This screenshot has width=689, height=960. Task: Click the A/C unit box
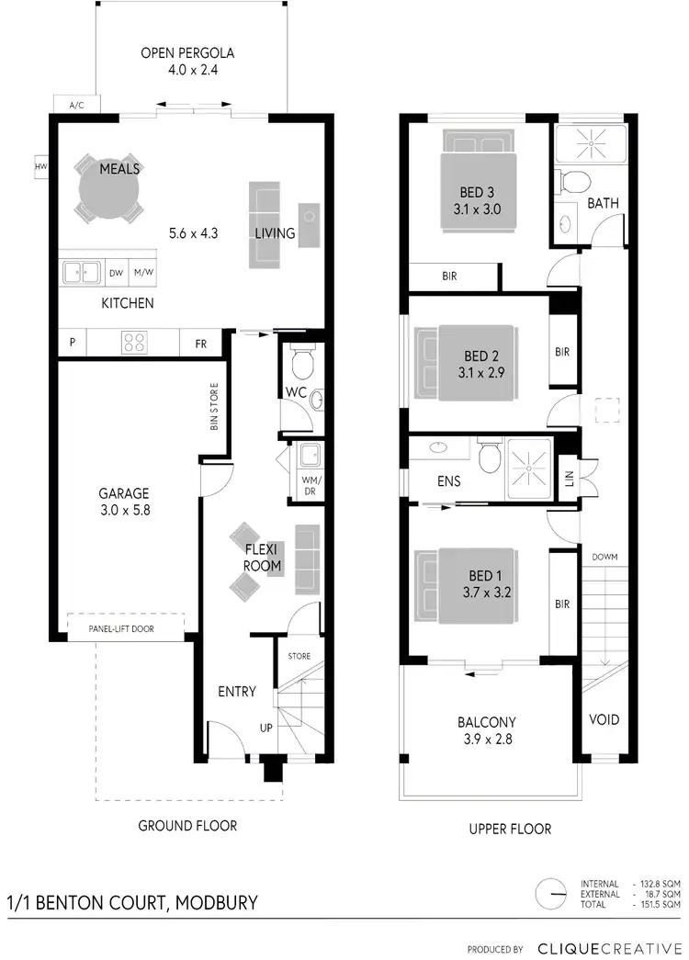click(x=76, y=105)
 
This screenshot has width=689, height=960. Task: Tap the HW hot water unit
click(x=40, y=166)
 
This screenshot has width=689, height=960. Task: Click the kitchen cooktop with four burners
click(x=135, y=343)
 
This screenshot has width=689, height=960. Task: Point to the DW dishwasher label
click(x=116, y=273)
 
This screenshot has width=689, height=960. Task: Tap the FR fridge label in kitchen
click(x=200, y=344)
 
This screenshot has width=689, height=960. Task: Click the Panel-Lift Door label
click(x=121, y=629)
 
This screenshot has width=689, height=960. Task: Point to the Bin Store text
click(x=214, y=407)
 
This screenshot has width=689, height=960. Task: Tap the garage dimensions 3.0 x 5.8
click(x=124, y=509)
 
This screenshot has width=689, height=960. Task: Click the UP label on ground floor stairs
click(x=266, y=728)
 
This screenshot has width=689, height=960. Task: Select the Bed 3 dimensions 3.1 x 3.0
click(x=478, y=209)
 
